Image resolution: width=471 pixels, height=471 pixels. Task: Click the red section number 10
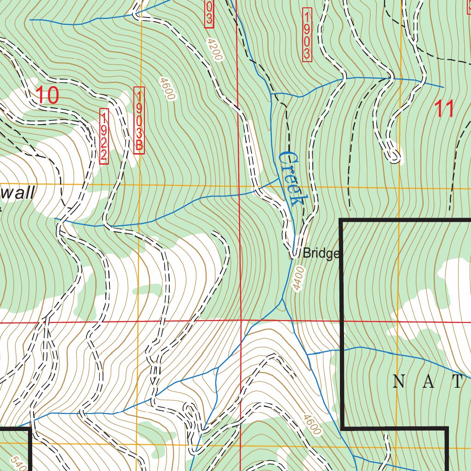(x=47, y=95)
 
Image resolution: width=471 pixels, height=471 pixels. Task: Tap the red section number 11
(x=444, y=109)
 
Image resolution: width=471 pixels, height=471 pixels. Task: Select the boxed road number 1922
(x=104, y=136)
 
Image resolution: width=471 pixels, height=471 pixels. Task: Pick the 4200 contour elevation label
(x=214, y=50)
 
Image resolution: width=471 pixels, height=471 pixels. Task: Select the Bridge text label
(x=321, y=253)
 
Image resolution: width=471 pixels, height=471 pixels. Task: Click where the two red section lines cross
(x=241, y=320)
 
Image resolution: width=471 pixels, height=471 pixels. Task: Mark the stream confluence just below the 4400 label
(x=282, y=301)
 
